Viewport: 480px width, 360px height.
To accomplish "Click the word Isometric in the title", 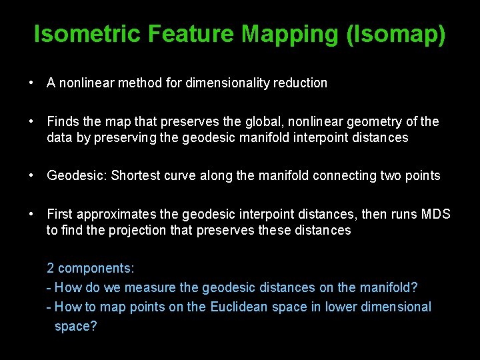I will point(88,34).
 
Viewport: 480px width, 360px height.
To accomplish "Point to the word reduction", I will point(303,83).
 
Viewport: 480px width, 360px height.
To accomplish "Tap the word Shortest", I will point(136,176).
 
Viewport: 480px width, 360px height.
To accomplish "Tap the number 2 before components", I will point(51,269).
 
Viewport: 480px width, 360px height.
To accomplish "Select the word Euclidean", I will point(239,307).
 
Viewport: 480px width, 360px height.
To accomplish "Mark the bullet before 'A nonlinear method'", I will point(31,83).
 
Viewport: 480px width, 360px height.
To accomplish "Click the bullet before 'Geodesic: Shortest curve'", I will point(31,176).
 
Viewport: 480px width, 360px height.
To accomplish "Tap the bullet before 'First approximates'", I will point(31,215).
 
